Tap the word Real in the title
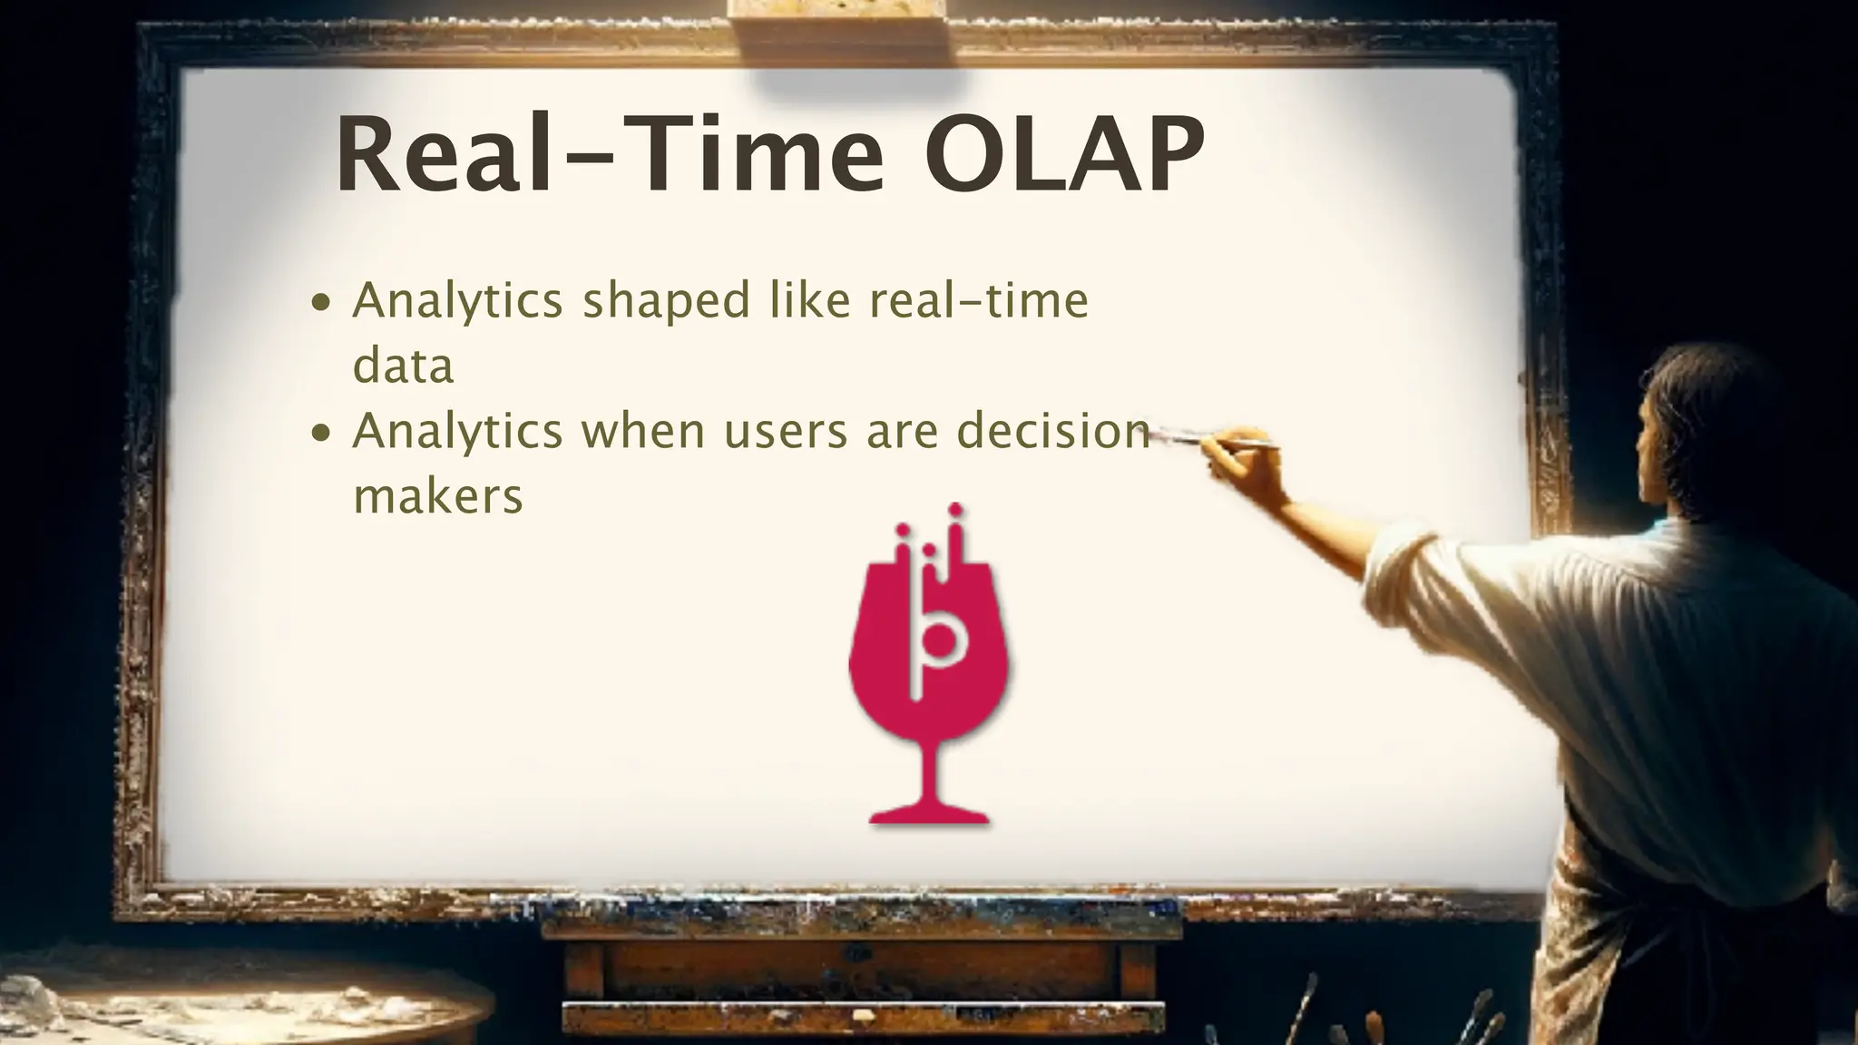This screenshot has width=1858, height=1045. click(x=444, y=154)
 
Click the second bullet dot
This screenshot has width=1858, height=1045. click(x=321, y=433)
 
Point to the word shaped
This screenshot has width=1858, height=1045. click(x=666, y=302)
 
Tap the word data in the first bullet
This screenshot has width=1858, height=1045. click(x=403, y=366)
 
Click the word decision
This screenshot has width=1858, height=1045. click(x=1053, y=431)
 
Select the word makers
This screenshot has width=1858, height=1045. click(x=438, y=497)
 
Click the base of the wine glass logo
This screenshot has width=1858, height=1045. click(x=929, y=814)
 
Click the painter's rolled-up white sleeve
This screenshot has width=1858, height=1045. click(x=1415, y=581)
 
